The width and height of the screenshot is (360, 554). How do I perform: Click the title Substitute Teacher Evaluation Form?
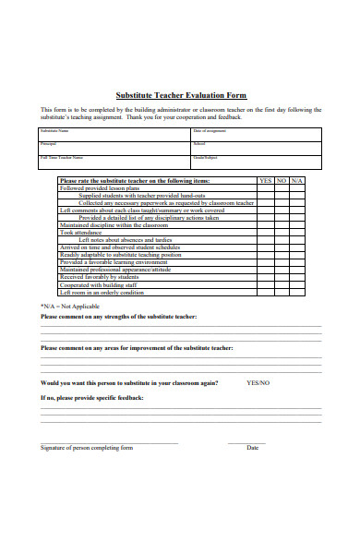coord(180,95)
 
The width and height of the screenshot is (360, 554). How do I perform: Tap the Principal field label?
coord(47,144)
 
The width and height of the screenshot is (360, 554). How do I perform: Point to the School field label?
coord(198,144)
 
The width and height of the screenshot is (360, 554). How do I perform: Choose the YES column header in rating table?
coord(266,181)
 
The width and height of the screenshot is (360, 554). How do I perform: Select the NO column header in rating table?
coord(282,181)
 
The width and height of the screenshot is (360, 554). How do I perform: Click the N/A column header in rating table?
coord(296,181)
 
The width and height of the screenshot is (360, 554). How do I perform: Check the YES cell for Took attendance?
coord(266,232)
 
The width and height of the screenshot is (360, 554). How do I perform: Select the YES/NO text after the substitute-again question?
coord(258,382)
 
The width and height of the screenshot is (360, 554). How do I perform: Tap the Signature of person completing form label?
coord(87,448)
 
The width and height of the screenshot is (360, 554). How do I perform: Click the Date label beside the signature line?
coord(252,448)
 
